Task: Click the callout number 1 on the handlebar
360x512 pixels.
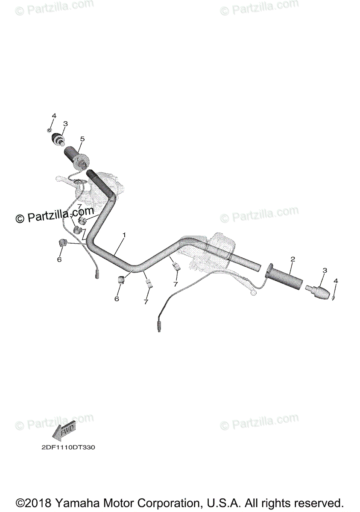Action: tap(124, 235)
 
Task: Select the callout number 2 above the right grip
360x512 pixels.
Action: tap(293, 259)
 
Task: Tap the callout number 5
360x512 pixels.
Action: tap(82, 139)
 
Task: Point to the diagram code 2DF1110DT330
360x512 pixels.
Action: tap(68, 448)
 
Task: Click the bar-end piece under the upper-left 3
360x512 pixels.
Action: tap(59, 140)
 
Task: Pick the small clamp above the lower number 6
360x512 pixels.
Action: tap(120, 280)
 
